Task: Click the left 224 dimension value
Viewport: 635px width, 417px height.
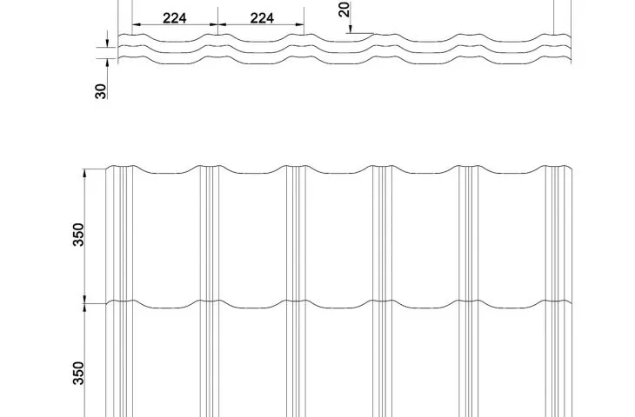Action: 175,18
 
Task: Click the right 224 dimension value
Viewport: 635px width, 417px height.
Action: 262,18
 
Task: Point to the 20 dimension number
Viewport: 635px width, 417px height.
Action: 344,10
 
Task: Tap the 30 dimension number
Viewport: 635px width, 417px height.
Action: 101,91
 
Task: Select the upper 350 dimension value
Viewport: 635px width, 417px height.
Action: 78,235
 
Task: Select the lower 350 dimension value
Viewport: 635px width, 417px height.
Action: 78,373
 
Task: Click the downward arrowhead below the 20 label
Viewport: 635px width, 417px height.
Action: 351,30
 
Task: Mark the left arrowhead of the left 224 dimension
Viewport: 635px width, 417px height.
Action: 137,24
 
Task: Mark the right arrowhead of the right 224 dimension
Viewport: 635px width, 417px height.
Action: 300,24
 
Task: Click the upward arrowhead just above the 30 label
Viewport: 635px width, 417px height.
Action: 108,63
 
